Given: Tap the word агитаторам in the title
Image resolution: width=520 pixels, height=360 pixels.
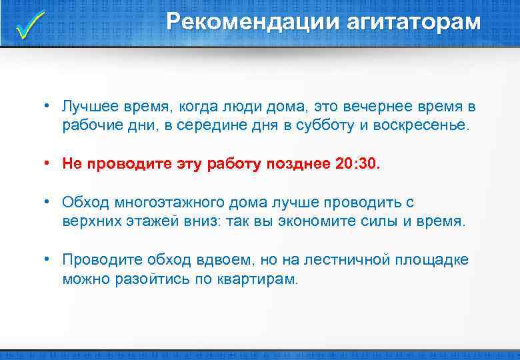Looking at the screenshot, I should point(413,22).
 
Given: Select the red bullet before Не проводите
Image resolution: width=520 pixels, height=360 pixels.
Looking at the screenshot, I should point(49,163).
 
